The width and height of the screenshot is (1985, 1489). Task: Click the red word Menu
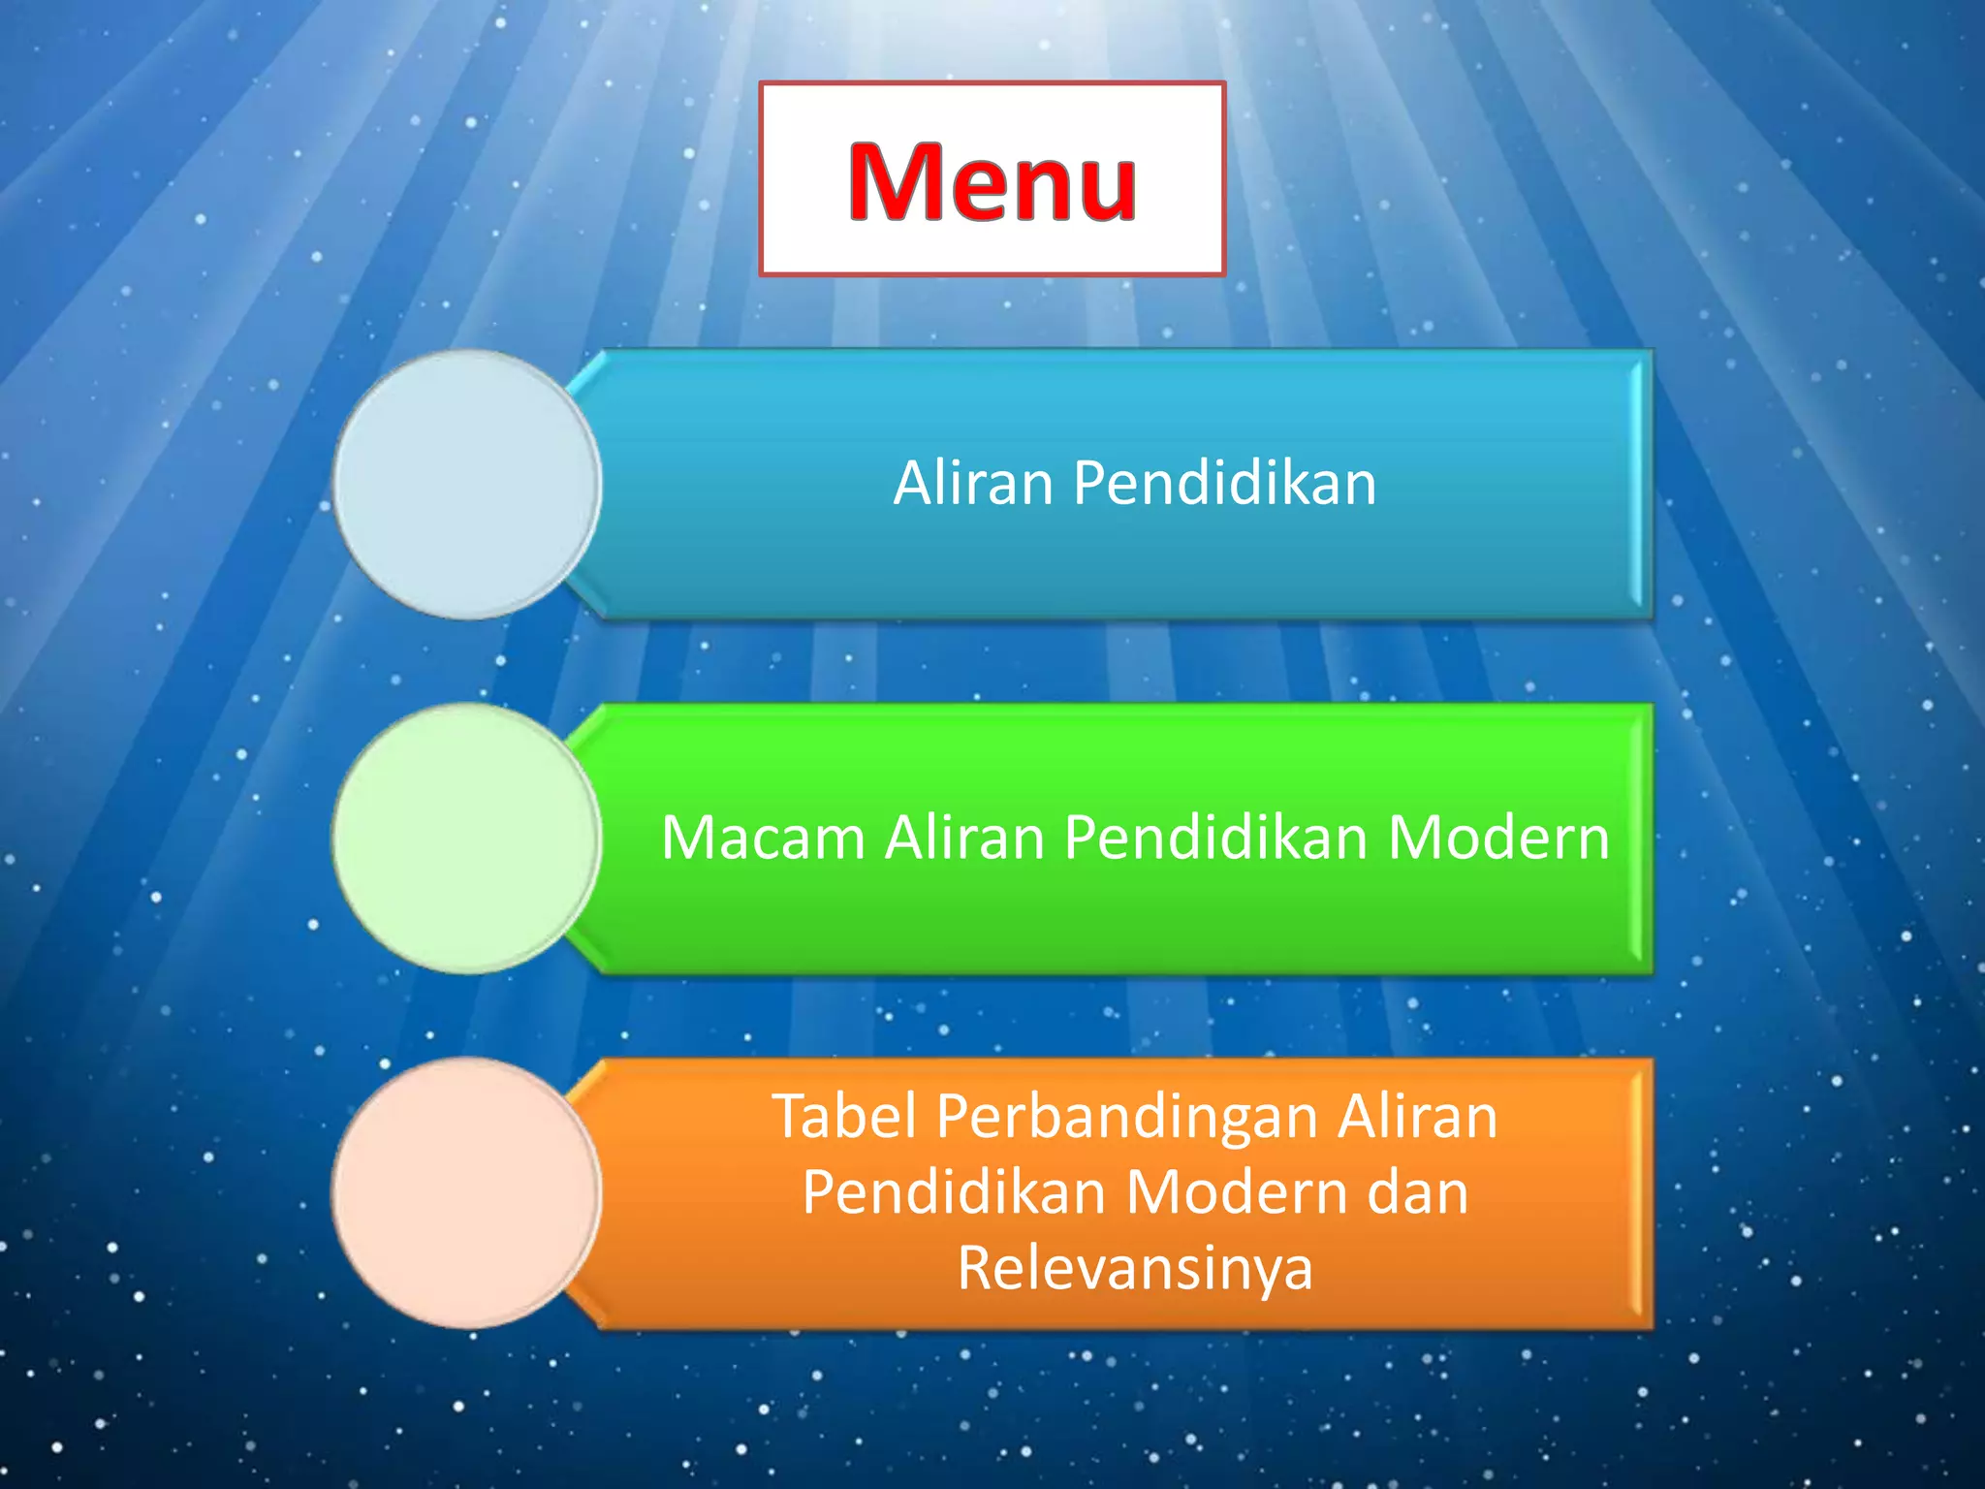point(992,181)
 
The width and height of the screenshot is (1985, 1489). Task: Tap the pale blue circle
point(467,484)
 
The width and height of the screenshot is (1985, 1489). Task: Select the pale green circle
point(467,838)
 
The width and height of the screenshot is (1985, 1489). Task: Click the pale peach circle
point(467,1191)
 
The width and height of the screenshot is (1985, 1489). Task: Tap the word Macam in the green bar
point(763,838)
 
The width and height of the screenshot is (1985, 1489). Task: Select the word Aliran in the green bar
point(964,838)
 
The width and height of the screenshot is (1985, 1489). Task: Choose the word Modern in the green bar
point(1498,838)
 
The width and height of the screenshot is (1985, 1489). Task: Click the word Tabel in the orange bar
point(843,1116)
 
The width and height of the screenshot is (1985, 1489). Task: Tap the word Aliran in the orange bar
point(1417,1116)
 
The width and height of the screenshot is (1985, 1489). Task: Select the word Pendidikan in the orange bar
point(954,1191)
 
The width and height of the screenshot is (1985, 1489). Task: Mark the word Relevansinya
point(1135,1269)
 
